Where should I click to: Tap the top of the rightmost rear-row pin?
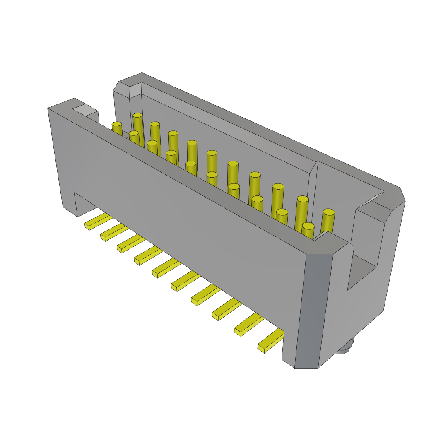pos(329,212)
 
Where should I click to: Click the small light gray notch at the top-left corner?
pos(85,110)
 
